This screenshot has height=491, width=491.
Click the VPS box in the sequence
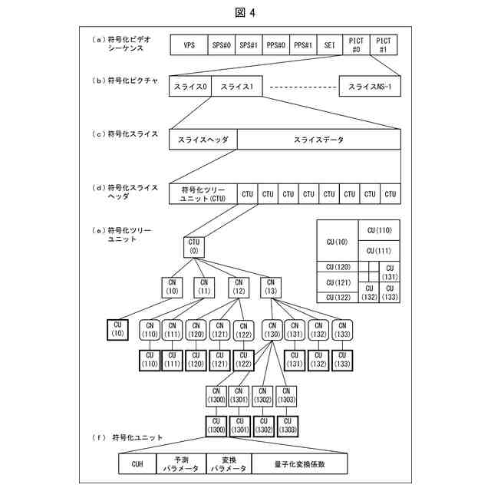[189, 44]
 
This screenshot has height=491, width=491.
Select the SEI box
[328, 44]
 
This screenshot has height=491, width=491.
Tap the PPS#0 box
[276, 44]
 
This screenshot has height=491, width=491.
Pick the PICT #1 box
[384, 44]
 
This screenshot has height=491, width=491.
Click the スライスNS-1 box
[369, 87]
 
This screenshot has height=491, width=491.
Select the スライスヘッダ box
[203, 140]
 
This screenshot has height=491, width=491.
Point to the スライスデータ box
[318, 140]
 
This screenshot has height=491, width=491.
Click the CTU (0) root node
[194, 247]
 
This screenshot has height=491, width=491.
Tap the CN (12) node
[238, 286]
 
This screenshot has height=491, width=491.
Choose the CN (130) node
[272, 329]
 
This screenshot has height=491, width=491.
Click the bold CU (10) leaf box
[117, 330]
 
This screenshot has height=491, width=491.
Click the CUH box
[137, 463]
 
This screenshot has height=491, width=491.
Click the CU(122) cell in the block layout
[338, 297]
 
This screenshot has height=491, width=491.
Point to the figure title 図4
[245, 13]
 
